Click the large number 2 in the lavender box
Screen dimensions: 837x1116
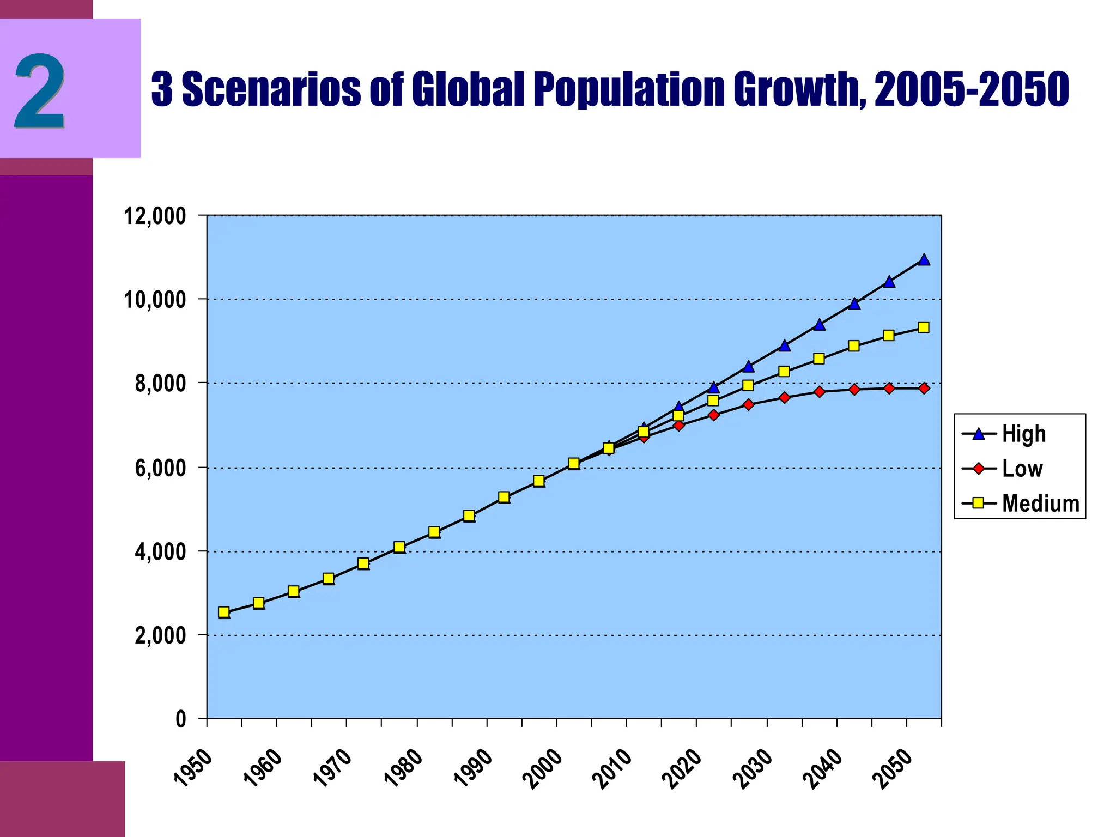point(39,90)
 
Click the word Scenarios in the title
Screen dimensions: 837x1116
point(271,89)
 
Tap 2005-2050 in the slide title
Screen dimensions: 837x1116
point(972,89)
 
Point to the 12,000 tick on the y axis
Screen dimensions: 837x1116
point(155,216)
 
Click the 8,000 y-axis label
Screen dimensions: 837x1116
point(160,384)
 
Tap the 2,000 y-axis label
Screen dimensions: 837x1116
point(160,636)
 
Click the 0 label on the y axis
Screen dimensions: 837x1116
point(181,720)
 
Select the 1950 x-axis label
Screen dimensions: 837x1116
point(192,769)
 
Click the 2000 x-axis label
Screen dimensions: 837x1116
point(542,769)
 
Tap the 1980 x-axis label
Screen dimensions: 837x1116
point(402,769)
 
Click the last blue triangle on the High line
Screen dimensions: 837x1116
point(924,259)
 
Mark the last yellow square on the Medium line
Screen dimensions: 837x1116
point(923,327)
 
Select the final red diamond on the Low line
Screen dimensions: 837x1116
point(924,388)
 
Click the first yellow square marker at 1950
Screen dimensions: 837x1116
point(223,612)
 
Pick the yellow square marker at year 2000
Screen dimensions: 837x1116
point(573,463)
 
